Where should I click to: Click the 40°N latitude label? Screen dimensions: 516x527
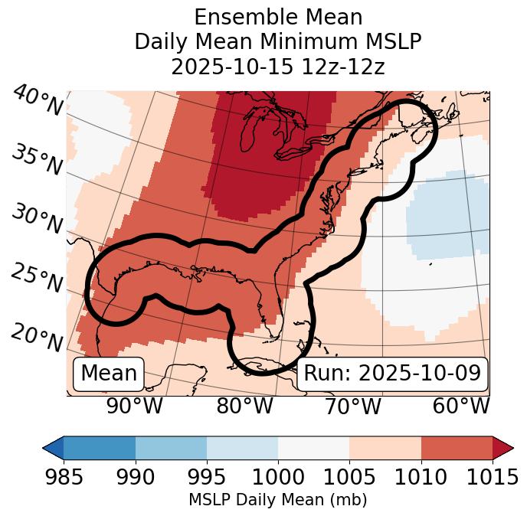38,101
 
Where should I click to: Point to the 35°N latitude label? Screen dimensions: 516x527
38,159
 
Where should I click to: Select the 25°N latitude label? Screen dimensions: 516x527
38,279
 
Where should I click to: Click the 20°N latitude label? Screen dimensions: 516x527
38,337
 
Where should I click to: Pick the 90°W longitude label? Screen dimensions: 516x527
135,406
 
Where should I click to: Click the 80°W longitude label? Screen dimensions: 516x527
244,406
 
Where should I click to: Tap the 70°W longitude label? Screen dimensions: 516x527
353,406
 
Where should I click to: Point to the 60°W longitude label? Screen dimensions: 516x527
461,406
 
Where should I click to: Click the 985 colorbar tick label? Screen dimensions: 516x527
64,477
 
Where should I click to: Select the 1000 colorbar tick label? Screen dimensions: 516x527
277,477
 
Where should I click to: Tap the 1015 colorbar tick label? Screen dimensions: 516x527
493,477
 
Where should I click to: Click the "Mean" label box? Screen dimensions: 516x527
109,374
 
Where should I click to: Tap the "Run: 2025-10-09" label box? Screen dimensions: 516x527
392,374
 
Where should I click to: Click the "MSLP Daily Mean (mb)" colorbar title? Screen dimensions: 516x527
277,501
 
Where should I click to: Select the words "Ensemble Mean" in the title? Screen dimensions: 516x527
277,17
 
